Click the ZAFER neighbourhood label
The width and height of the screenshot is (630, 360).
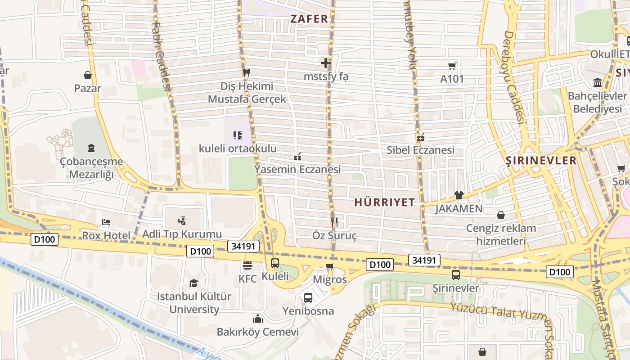click(309, 19)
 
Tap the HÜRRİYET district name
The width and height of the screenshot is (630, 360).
click(384, 202)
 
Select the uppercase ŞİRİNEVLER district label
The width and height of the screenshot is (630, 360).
click(541, 161)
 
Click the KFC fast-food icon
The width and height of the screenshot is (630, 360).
click(247, 265)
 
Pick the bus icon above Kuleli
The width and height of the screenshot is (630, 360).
click(275, 263)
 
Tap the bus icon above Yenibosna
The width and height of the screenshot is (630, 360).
click(308, 297)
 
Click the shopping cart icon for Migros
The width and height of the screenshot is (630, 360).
click(330, 266)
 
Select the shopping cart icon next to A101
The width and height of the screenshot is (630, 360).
click(452, 66)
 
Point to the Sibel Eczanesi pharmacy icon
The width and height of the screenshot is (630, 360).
click(421, 137)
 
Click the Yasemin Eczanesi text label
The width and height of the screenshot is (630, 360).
click(297, 170)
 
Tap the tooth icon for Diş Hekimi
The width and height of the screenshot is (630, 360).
click(246, 72)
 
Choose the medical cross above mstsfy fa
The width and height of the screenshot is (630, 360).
click(326, 63)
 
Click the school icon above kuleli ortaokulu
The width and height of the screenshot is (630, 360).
click(238, 135)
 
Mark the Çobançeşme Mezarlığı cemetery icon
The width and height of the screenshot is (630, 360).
click(91, 148)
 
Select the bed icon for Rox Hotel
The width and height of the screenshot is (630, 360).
click(106, 222)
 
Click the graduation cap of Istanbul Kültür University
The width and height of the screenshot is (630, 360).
click(193, 283)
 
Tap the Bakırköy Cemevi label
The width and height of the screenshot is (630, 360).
click(258, 332)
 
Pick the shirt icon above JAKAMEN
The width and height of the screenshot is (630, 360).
click(459, 195)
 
